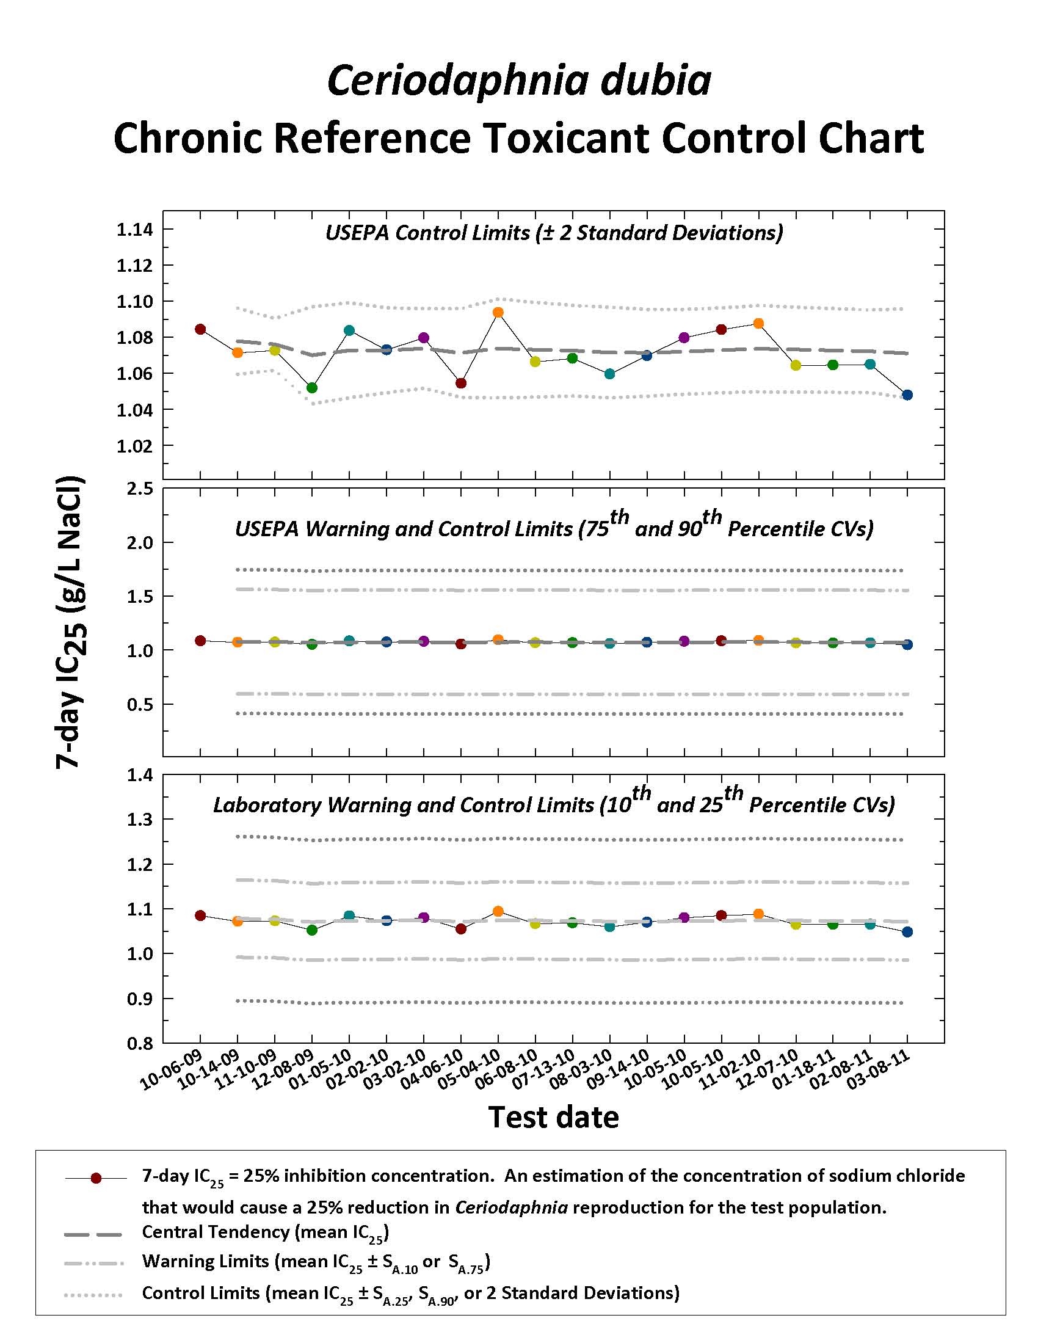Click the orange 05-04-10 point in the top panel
coord(498,312)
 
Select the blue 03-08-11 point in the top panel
coord(907,395)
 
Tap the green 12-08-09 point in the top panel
coord(312,388)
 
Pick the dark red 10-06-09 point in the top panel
coord(200,329)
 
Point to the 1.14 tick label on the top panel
coord(134,230)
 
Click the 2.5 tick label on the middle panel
coord(140,489)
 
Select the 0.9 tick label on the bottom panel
coord(140,999)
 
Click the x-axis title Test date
coord(553,1116)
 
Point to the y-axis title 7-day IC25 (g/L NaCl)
coord(70,622)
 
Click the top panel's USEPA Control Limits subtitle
coord(554,233)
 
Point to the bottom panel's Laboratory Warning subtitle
coord(554,803)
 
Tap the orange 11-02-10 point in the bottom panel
coord(758,914)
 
